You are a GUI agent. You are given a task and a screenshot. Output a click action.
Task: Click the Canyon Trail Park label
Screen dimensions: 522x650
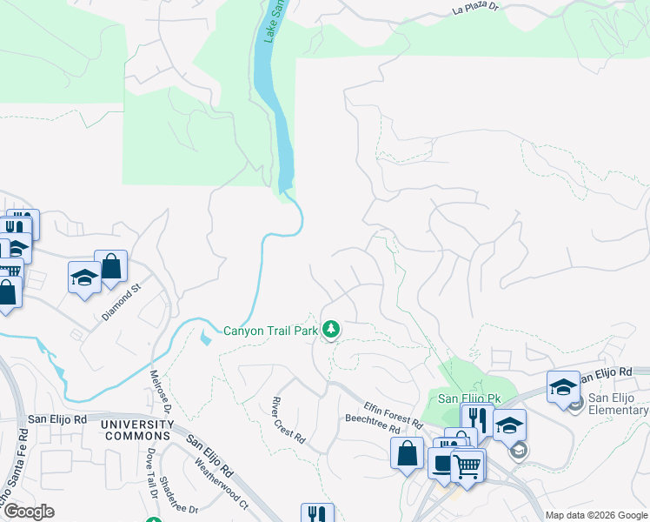(x=271, y=331)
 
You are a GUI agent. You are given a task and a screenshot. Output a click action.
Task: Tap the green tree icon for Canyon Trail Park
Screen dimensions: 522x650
(x=330, y=330)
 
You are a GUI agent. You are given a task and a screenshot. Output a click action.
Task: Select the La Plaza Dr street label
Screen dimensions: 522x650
(x=477, y=10)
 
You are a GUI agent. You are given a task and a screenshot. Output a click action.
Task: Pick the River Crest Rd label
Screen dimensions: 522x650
(x=288, y=418)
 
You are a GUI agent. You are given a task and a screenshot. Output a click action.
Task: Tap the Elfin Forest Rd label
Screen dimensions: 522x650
(x=393, y=413)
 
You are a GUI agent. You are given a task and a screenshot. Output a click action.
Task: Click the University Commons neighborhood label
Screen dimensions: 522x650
(x=136, y=429)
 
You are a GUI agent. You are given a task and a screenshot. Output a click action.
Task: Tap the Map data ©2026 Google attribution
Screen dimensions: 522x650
(x=595, y=515)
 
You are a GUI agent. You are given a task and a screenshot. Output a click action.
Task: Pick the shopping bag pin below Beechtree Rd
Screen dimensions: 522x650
(x=407, y=454)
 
